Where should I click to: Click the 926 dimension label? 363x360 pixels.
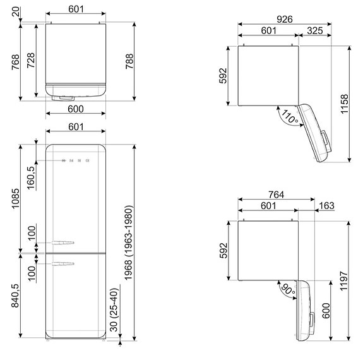coord(285,20)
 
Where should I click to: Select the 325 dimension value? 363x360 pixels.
coord(316,30)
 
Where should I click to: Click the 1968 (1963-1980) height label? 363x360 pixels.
coord(128,244)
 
